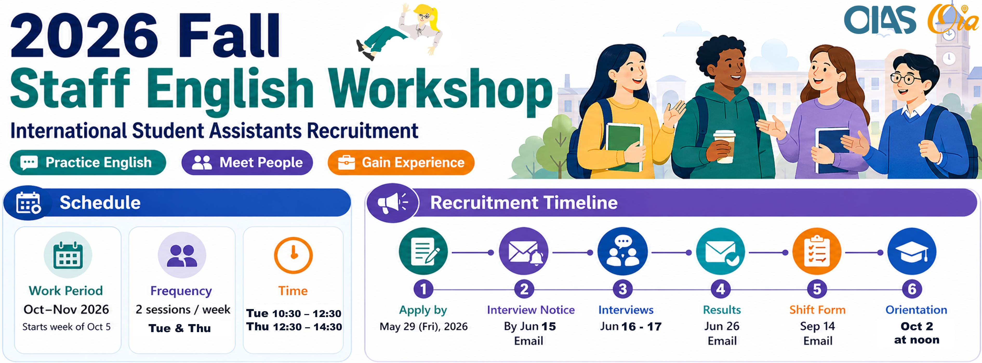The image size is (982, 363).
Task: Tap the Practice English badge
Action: point(88,163)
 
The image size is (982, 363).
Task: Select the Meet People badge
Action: point(247,163)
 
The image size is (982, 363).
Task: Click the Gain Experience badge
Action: point(401,163)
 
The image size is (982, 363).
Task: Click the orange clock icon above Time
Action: point(293,255)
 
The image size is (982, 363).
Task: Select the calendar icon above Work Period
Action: point(68,255)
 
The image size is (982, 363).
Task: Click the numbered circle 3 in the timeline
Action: point(622,289)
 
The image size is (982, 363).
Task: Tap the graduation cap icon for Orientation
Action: point(912,251)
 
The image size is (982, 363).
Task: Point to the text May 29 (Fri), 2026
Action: point(423,326)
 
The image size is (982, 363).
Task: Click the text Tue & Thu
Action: point(180,328)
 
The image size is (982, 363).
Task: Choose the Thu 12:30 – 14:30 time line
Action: point(294,327)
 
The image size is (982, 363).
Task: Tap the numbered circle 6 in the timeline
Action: point(912,289)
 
